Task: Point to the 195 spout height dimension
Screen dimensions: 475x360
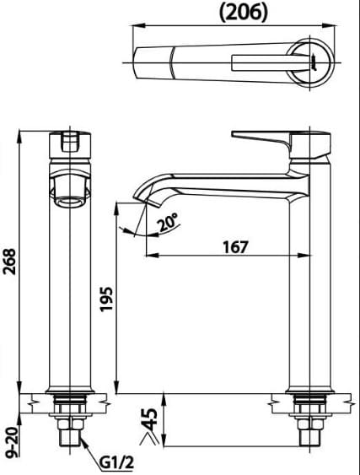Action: coord(105,299)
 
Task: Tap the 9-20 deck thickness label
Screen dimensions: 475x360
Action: coord(10,443)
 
